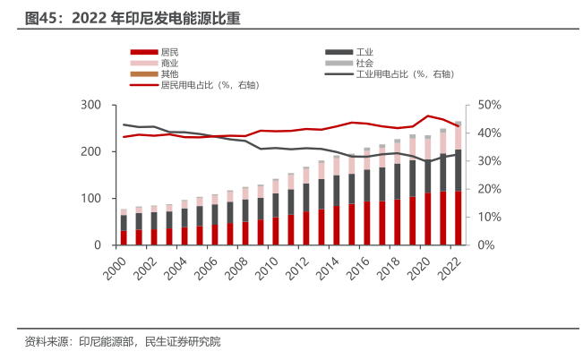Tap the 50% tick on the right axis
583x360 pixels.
(489, 106)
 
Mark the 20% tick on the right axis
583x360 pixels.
(489, 190)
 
